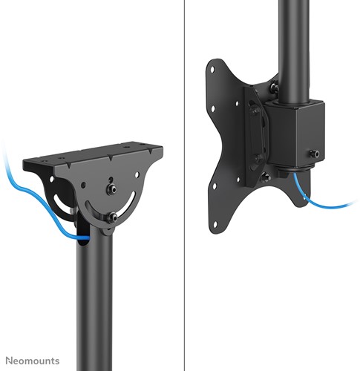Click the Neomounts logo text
coord(33,361)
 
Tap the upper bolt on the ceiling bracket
coord(111,189)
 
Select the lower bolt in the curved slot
coord(111,218)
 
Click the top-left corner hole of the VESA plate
coord(212,70)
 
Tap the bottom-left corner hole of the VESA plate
coord(215,225)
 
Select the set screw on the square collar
coord(314,154)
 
